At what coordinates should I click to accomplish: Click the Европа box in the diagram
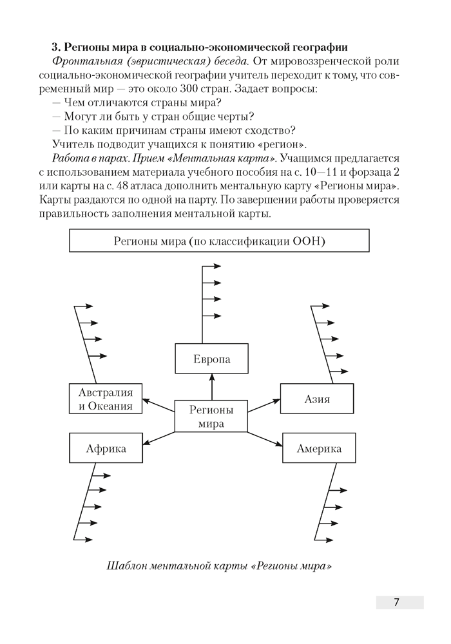pos(211,359)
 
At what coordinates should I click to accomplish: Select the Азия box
pos(316,399)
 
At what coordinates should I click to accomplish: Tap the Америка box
pos(319,448)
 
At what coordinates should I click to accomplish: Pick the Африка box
pos(106,448)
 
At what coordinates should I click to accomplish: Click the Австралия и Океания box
pos(106,399)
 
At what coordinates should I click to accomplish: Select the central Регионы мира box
pos(211,416)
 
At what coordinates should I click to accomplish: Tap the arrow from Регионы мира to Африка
pos(159,439)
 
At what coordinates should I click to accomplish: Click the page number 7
pos(397,602)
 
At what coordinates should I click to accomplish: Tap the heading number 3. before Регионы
pos(55,48)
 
